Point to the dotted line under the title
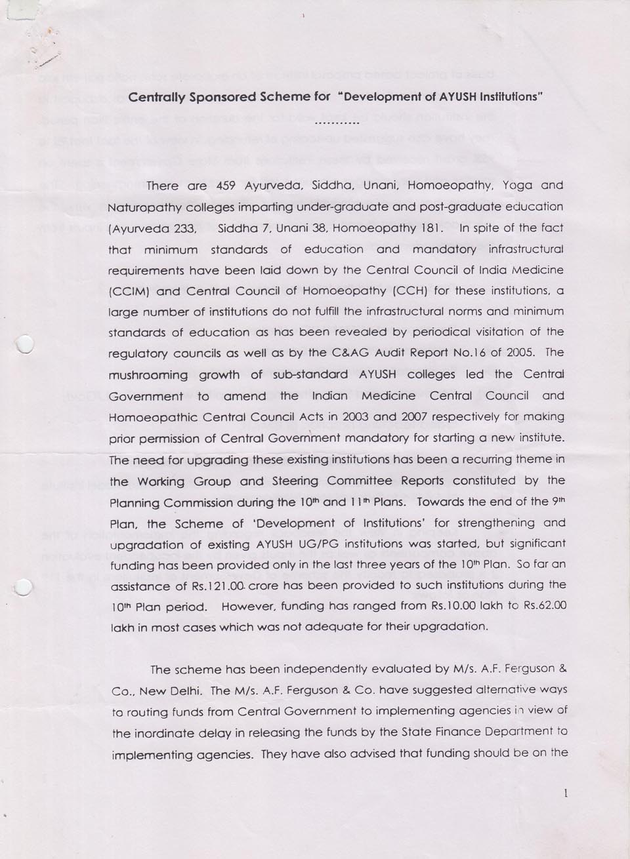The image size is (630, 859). coord(337,123)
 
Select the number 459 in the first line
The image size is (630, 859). coord(226,186)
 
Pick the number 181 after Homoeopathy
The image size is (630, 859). coord(434,228)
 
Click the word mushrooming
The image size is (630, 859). coord(149,375)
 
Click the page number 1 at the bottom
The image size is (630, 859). coord(565,793)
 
